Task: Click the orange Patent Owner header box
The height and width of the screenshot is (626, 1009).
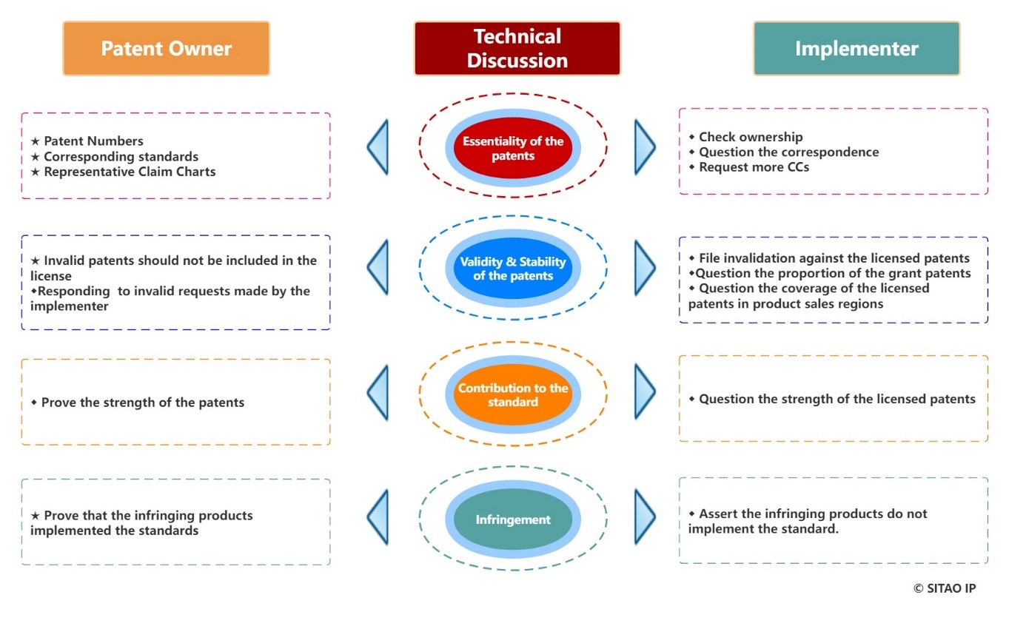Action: coord(166,49)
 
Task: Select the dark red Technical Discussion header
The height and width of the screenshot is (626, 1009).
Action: coord(517,49)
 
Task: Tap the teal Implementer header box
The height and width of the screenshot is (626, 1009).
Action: coord(857,49)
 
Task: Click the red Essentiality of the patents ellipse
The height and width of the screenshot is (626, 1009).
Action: coord(513,148)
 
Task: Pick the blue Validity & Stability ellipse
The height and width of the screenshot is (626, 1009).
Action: coord(513,269)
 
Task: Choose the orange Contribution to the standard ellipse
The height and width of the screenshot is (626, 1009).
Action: coord(513,395)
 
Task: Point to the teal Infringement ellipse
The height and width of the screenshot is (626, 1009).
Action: coord(513,519)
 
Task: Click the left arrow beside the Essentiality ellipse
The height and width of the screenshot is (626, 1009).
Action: coord(378,147)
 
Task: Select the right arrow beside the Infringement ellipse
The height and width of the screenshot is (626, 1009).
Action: coord(645,516)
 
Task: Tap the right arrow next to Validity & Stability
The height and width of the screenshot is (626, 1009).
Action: coord(645,268)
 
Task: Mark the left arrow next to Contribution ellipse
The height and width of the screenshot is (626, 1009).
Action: coord(378,394)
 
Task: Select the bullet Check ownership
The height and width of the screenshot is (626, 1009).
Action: coord(750,136)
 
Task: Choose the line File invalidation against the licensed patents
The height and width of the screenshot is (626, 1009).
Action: coord(834,258)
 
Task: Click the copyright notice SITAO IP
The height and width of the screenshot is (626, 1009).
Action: coord(945,588)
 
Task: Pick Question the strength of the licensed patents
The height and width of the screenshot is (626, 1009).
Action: coord(837,399)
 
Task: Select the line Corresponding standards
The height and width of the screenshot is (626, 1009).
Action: coord(121,156)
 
